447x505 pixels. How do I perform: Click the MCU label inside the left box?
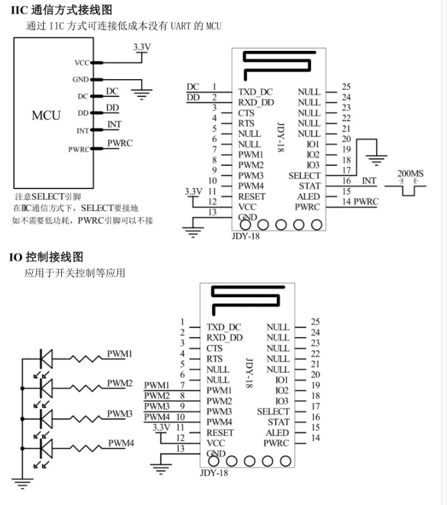click(46, 115)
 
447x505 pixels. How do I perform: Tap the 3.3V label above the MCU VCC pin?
click(142, 47)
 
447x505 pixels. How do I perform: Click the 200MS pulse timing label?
click(410, 174)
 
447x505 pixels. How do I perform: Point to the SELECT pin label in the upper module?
click(305, 176)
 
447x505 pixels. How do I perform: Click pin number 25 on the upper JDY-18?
click(346, 87)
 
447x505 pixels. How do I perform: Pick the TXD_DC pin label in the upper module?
click(256, 92)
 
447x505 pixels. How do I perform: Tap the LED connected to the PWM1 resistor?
click(46, 358)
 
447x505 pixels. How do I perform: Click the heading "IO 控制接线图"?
click(46, 257)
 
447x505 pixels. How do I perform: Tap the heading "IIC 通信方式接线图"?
click(62, 10)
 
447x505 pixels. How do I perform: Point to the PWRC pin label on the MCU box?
click(79, 149)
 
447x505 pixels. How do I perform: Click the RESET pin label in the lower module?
click(220, 432)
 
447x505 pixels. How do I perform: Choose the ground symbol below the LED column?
click(23, 484)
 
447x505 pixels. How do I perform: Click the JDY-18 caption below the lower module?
click(214, 473)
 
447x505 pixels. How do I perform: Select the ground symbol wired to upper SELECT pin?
click(376, 160)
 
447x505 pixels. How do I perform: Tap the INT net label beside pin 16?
click(369, 181)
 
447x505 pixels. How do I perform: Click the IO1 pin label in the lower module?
click(281, 380)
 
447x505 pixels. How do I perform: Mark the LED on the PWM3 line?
click(46, 418)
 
